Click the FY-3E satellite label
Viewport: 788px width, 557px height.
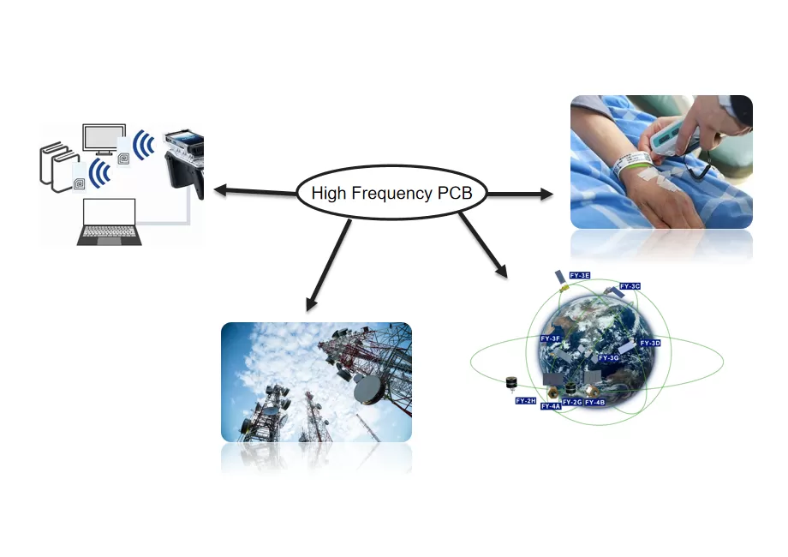tap(580, 275)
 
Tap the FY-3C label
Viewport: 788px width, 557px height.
tap(630, 286)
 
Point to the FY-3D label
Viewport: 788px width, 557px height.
tap(650, 343)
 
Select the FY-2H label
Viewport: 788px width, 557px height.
tap(525, 400)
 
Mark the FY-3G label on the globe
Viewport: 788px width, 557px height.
tap(608, 357)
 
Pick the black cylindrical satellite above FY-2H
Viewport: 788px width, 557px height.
tap(513, 382)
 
